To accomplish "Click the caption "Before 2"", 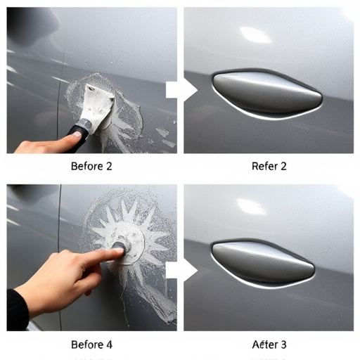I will [x=91, y=167].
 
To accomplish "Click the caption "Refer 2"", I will [x=269, y=167].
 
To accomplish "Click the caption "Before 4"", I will [x=91, y=345].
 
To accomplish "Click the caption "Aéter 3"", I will [x=269, y=345].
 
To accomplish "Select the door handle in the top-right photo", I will [x=266, y=93].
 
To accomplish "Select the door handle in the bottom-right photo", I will [x=262, y=262].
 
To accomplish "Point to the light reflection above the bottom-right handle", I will [x=251, y=207].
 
